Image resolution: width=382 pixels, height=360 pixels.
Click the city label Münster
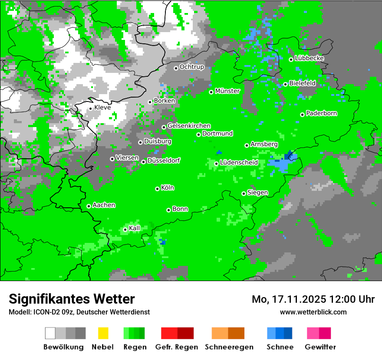(227, 91)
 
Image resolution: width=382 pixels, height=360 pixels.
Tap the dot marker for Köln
(157, 189)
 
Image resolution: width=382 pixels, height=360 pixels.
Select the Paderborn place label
(322, 114)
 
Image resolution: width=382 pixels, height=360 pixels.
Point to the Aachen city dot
(89, 206)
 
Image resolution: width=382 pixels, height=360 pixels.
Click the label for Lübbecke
(309, 58)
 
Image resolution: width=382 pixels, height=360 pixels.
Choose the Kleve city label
(102, 108)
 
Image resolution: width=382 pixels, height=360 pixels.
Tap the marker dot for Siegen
(244, 193)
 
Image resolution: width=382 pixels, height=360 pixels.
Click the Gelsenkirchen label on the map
(189, 126)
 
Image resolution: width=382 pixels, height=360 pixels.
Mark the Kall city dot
(125, 229)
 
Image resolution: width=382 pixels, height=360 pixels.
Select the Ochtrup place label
(192, 67)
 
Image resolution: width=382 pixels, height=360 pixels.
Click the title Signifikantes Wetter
(72, 299)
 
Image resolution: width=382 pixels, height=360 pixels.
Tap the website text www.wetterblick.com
(313, 312)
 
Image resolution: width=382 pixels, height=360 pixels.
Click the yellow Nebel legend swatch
(103, 333)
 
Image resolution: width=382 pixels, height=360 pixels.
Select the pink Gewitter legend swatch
(313, 333)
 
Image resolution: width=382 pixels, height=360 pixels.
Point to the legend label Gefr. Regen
(177, 347)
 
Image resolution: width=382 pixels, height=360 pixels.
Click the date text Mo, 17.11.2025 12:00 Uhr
(313, 299)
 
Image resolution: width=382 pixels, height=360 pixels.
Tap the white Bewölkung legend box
(50, 333)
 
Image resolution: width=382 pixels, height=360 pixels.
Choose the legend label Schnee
(280, 347)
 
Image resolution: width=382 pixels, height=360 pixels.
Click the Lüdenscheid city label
(239, 163)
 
